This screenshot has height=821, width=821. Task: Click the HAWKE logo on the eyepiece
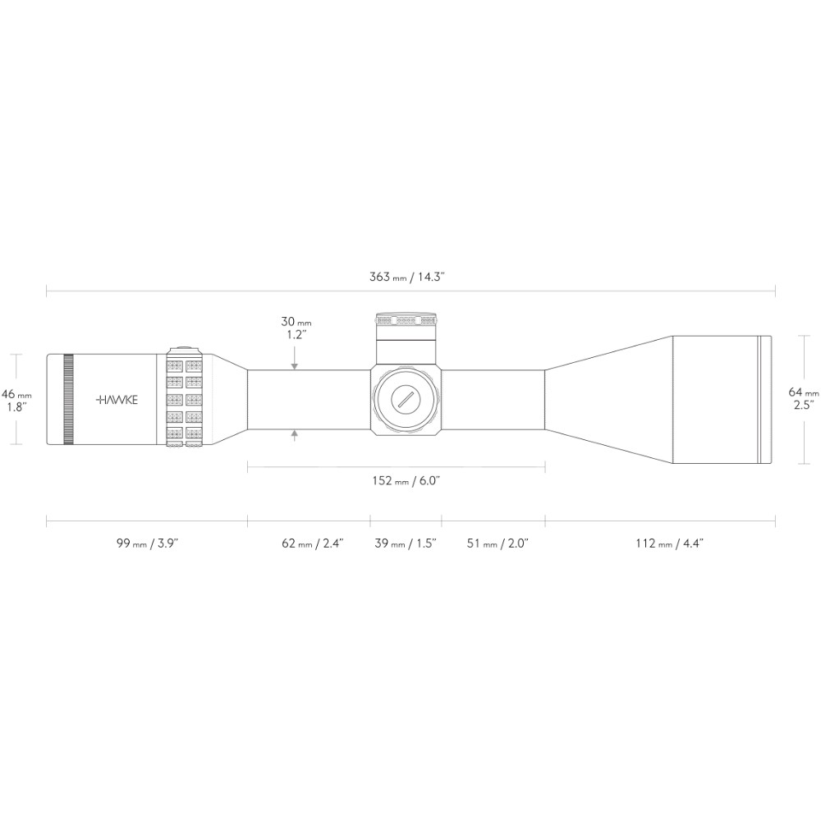click(x=117, y=400)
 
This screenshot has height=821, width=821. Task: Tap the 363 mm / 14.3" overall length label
click(x=407, y=277)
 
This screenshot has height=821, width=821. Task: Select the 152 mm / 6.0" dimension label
click(x=406, y=480)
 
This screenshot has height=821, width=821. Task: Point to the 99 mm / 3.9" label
click(x=147, y=543)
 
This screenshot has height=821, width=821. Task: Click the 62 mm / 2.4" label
click(x=312, y=543)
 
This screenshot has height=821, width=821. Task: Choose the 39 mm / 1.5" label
click(x=406, y=543)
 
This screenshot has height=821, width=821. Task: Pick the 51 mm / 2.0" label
click(x=498, y=543)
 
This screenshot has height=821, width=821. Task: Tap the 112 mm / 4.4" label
click(x=669, y=543)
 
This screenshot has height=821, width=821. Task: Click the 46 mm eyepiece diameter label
click(x=16, y=400)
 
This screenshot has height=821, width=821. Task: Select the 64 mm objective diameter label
click(x=804, y=398)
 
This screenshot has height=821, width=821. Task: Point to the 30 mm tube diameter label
click(x=296, y=328)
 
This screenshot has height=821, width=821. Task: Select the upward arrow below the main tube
click(x=295, y=435)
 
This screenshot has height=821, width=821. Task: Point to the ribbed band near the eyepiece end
click(x=68, y=400)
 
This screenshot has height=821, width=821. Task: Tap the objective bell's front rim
click(x=765, y=400)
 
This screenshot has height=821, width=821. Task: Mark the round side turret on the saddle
click(x=406, y=400)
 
